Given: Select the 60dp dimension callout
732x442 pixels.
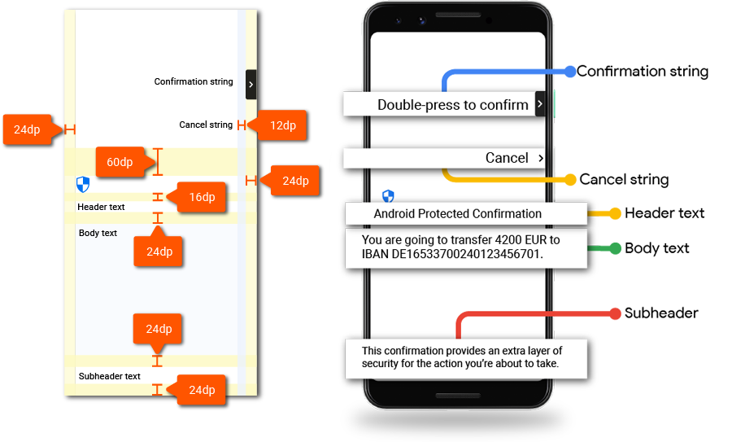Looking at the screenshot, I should tap(120, 162).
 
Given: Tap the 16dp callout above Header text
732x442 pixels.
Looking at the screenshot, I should tap(202, 197).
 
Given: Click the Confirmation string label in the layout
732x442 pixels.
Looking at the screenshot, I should tap(194, 81).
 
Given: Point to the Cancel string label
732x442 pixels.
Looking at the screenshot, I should tap(206, 125).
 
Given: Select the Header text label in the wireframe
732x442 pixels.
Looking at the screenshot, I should tap(101, 207).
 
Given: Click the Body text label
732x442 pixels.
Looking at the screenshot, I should tap(98, 233).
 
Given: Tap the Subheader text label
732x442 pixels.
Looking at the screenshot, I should tap(109, 376).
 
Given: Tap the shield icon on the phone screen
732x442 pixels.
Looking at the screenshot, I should tap(388, 195).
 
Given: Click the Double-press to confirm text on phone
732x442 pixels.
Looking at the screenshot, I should tap(452, 105).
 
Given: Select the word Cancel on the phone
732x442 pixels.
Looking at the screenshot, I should tap(507, 158).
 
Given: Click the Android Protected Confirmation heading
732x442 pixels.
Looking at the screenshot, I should tap(457, 214).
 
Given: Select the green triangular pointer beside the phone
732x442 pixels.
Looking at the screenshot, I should tap(612, 248).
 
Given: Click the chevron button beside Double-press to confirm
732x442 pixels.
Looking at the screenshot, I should tap(540, 104).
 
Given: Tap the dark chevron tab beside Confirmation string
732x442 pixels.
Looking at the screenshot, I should tap(251, 84).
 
